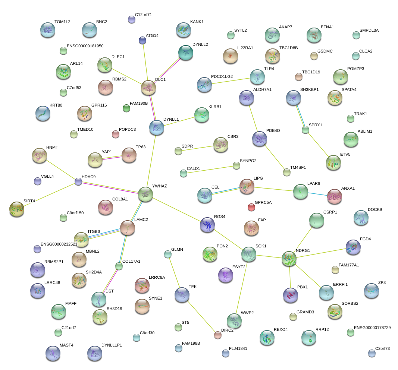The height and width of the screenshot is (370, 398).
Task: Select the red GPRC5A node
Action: click(x=251, y=207)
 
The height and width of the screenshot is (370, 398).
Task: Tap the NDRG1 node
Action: click(x=289, y=259)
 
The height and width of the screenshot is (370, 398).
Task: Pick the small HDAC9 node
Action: click(x=78, y=181)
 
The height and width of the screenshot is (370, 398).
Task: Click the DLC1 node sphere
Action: click(x=148, y=88)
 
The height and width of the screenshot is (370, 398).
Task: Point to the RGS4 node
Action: click(x=207, y=224)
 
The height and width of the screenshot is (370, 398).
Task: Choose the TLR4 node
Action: click(x=257, y=76)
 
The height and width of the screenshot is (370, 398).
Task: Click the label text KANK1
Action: click(x=197, y=22)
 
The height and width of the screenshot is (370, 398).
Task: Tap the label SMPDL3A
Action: click(x=369, y=31)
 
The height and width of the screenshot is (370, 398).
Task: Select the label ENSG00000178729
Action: click(x=372, y=328)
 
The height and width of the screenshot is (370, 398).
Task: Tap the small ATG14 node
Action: click(x=142, y=40)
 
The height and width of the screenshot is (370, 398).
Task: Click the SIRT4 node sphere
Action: click(x=16, y=209)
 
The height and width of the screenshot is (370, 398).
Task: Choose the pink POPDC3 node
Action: click(x=116, y=134)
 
